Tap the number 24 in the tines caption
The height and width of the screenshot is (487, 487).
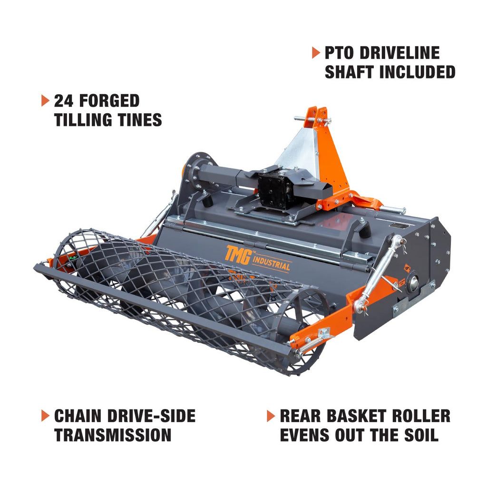(63, 101)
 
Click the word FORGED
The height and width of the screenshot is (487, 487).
(109, 101)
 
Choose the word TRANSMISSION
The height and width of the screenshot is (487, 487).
(113, 435)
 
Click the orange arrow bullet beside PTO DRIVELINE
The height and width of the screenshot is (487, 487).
(316, 53)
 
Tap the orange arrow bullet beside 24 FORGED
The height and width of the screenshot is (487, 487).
(45, 101)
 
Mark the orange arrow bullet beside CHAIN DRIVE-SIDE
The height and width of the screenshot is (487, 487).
(45, 416)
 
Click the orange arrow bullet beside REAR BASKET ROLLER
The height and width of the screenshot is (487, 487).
(271, 416)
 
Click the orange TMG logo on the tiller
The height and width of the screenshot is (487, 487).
(238, 255)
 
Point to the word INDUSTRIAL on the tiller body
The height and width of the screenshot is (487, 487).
(271, 263)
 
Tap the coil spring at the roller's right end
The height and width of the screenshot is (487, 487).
(312, 345)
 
